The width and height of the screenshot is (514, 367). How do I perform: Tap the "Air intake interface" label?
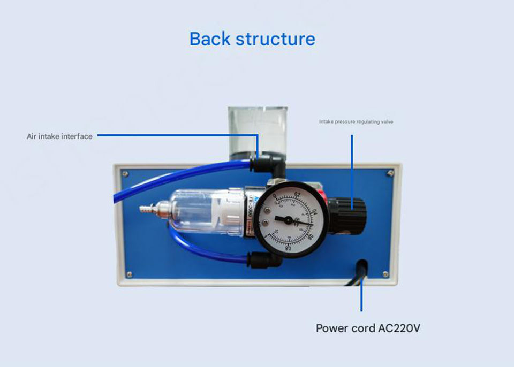pyautogui.click(x=59, y=136)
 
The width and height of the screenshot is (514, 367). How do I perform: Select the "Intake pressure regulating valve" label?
pyautogui.click(x=356, y=122)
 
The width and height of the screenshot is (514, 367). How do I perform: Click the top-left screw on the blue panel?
pyautogui.click(x=125, y=173)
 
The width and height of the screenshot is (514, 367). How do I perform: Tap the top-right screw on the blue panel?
pyautogui.click(x=390, y=173)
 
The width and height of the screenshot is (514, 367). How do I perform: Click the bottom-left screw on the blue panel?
pyautogui.click(x=129, y=274)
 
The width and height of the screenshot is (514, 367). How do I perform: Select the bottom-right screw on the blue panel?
pyautogui.click(x=385, y=274)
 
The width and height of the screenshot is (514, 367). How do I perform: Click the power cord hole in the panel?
pyautogui.click(x=362, y=265)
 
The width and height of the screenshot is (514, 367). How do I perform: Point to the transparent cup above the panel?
pyautogui.click(x=257, y=128)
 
